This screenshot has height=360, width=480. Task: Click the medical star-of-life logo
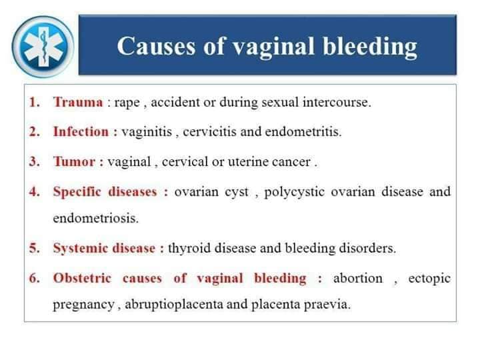pyautogui.click(x=43, y=47)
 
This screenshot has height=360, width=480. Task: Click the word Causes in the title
pyautogui.click(x=156, y=46)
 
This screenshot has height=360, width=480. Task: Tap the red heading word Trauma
pyautogui.click(x=78, y=102)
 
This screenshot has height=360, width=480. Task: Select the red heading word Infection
pyautogui.click(x=81, y=131)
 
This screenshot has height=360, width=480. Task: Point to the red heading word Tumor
pyautogui.click(x=74, y=161)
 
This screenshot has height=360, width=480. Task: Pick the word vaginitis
pyautogui.click(x=147, y=132)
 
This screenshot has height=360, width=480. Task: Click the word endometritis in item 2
pyautogui.click(x=303, y=131)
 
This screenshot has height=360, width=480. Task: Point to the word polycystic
pyautogui.click(x=294, y=192)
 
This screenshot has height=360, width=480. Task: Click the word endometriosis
pyautogui.click(x=95, y=218)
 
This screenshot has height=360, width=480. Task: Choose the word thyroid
pyautogui.click(x=189, y=248)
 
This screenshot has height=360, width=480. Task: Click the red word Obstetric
pyautogui.click(x=82, y=278)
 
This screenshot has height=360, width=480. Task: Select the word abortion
pyautogui.click(x=358, y=278)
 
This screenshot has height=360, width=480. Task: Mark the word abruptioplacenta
pyautogui.click(x=174, y=305)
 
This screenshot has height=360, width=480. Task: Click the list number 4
pyautogui.click(x=34, y=192)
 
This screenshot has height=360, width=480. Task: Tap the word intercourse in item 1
pyautogui.click(x=336, y=102)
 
